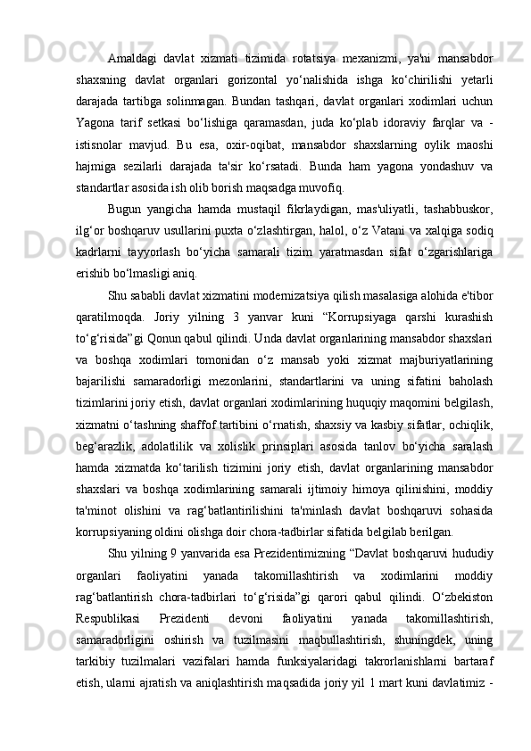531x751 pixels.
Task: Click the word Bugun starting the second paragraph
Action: (124, 210)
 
